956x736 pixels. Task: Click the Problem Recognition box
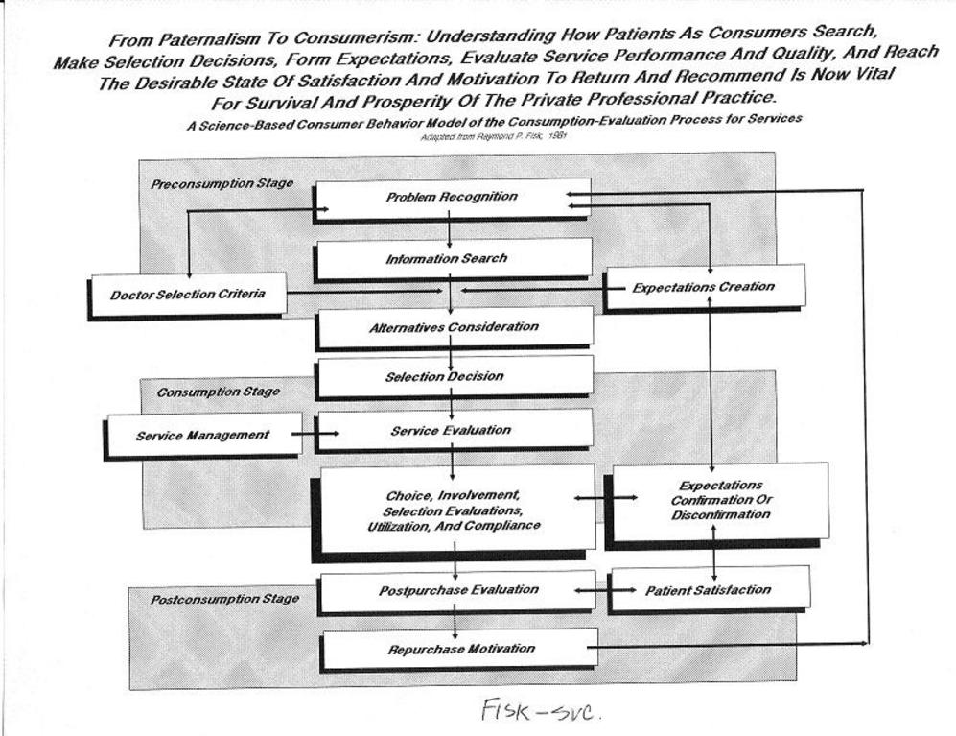point(452,198)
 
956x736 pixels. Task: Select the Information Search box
point(452,258)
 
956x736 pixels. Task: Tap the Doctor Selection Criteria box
point(188,294)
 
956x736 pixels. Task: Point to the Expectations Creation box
point(705,286)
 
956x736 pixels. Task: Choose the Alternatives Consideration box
point(454,327)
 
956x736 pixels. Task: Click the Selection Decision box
point(454,376)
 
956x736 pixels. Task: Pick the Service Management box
point(203,435)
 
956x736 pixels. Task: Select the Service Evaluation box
point(453,430)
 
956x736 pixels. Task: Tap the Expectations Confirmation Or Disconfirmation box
point(720,501)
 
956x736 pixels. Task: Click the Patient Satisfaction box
point(709,589)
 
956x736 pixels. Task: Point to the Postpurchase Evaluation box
point(458,591)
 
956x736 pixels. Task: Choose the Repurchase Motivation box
point(460,649)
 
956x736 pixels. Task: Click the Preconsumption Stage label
point(222,183)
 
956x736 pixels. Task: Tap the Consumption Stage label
point(218,392)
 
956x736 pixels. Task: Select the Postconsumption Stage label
point(224,599)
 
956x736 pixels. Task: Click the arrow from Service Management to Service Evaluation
point(315,434)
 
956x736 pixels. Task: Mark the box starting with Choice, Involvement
point(452,510)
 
